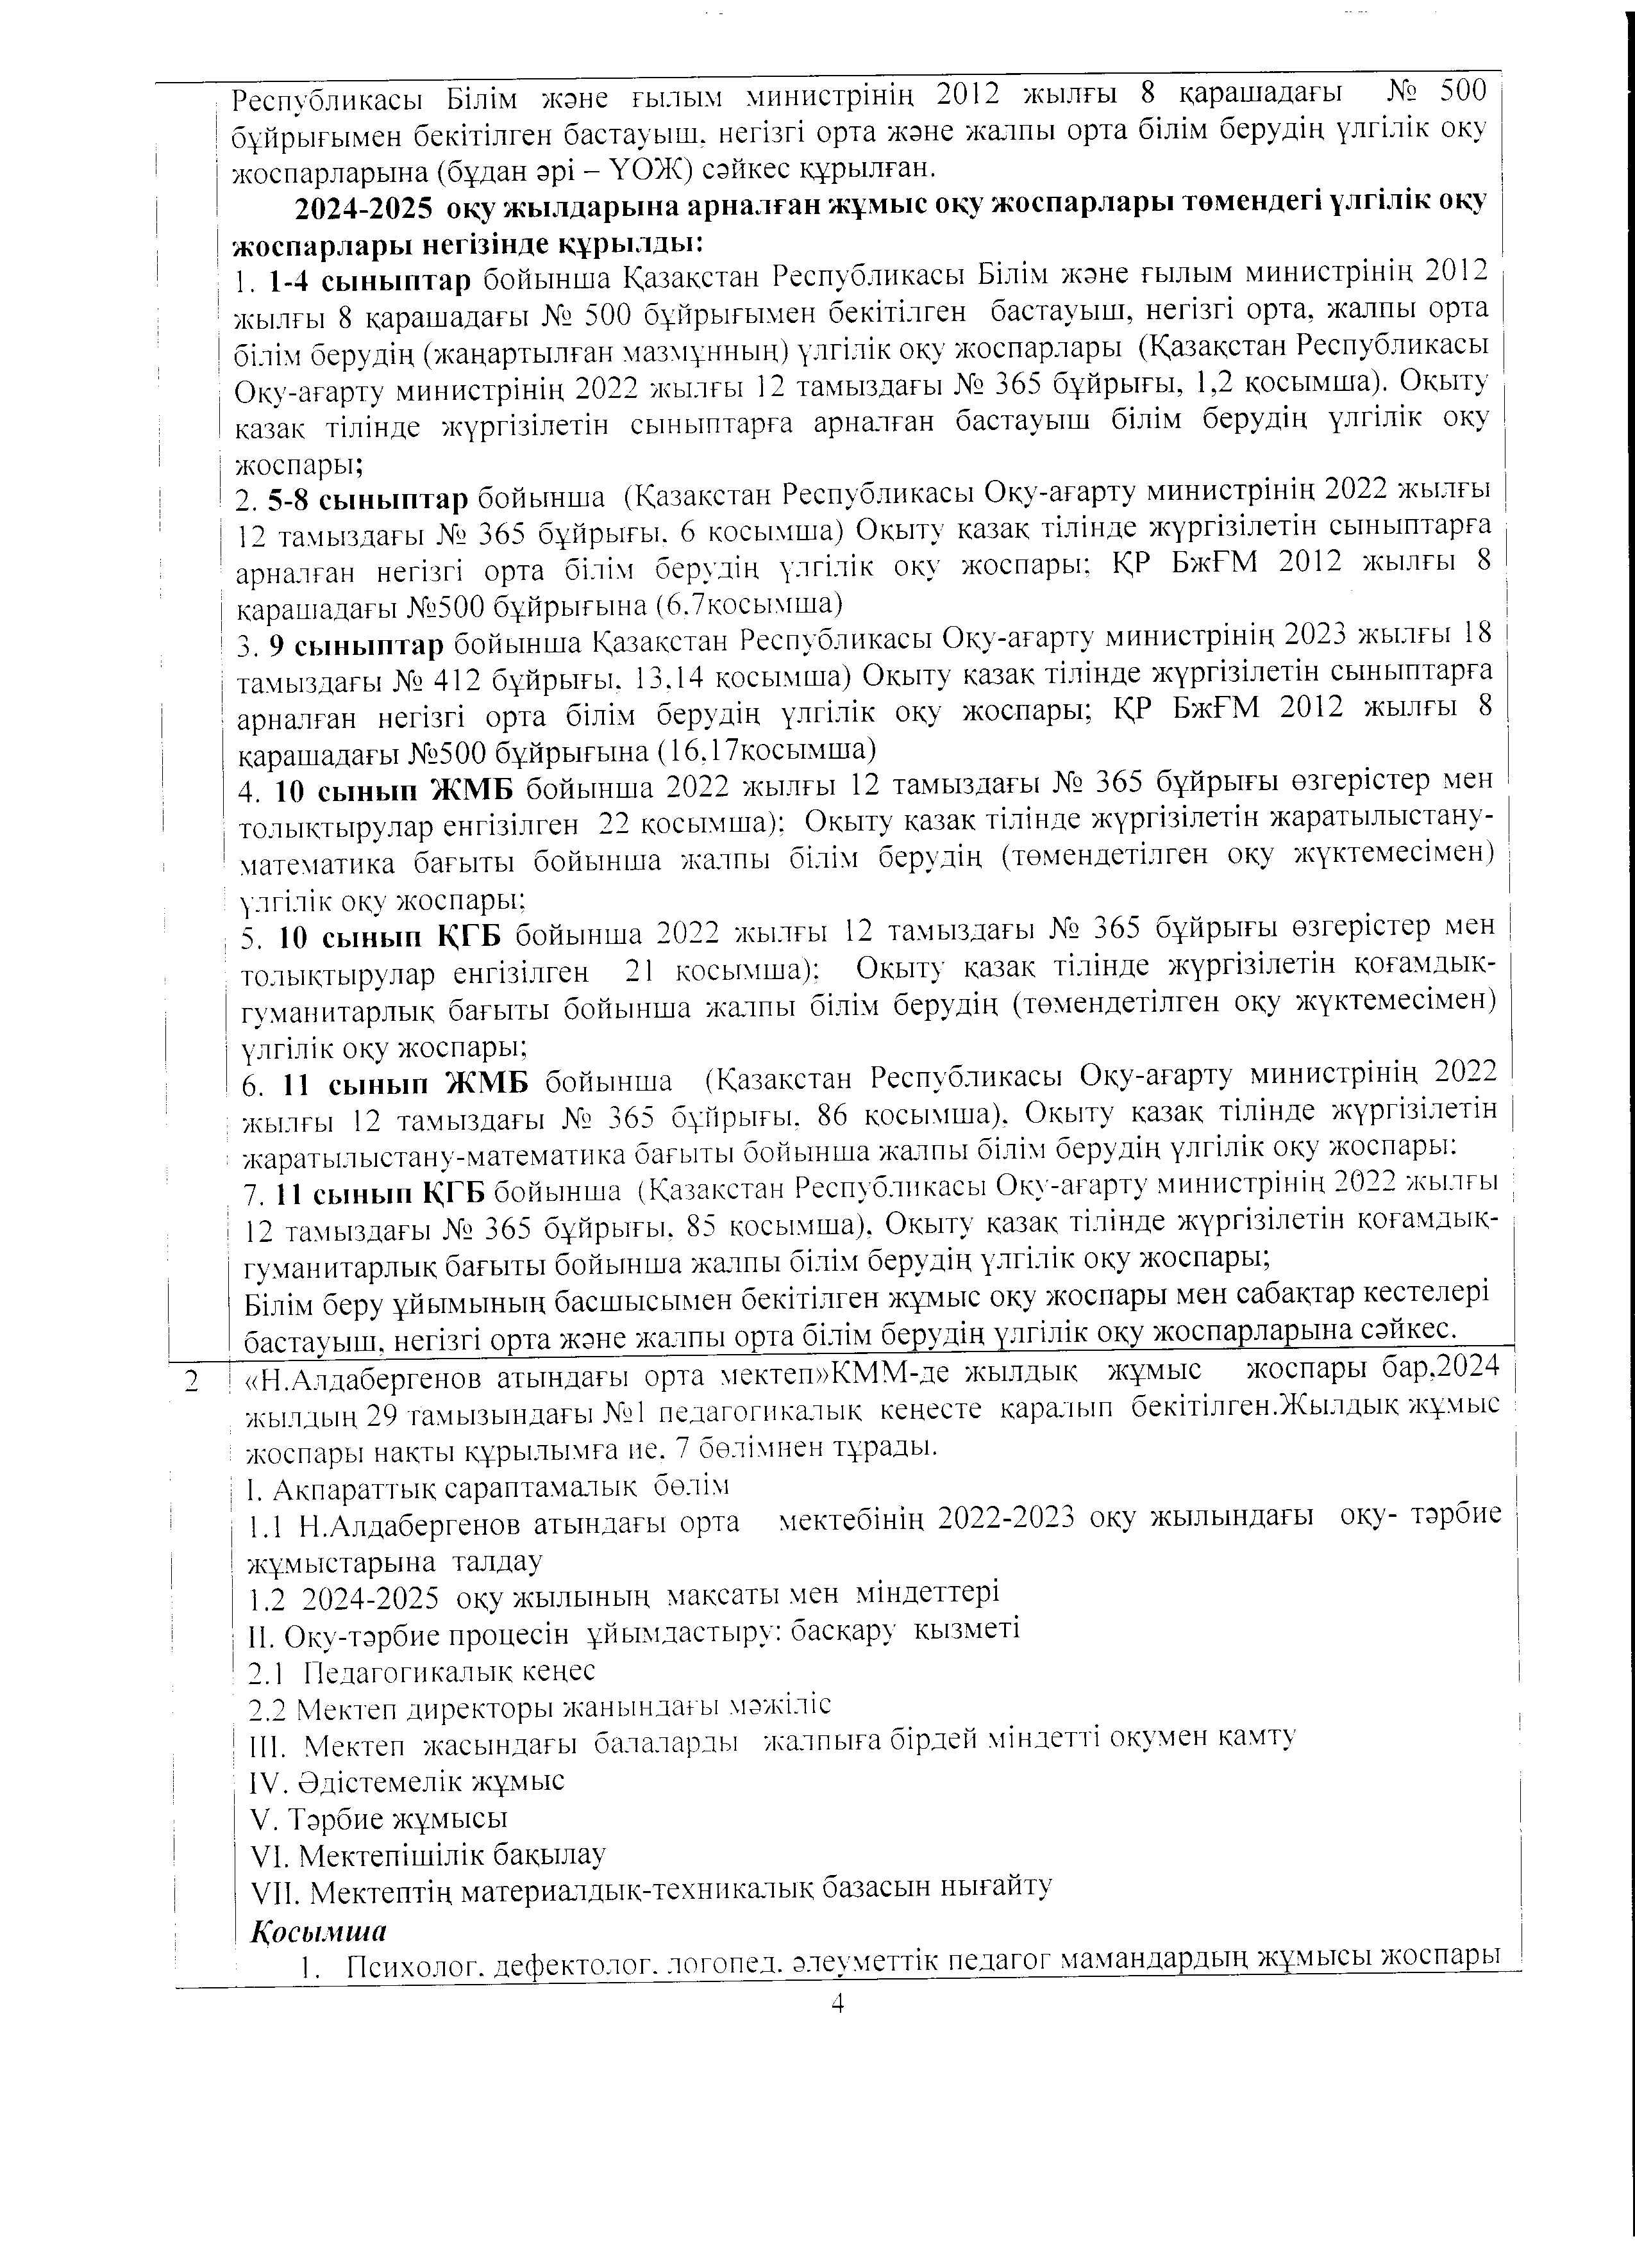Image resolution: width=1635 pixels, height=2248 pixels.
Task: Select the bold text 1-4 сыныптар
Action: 370,281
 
